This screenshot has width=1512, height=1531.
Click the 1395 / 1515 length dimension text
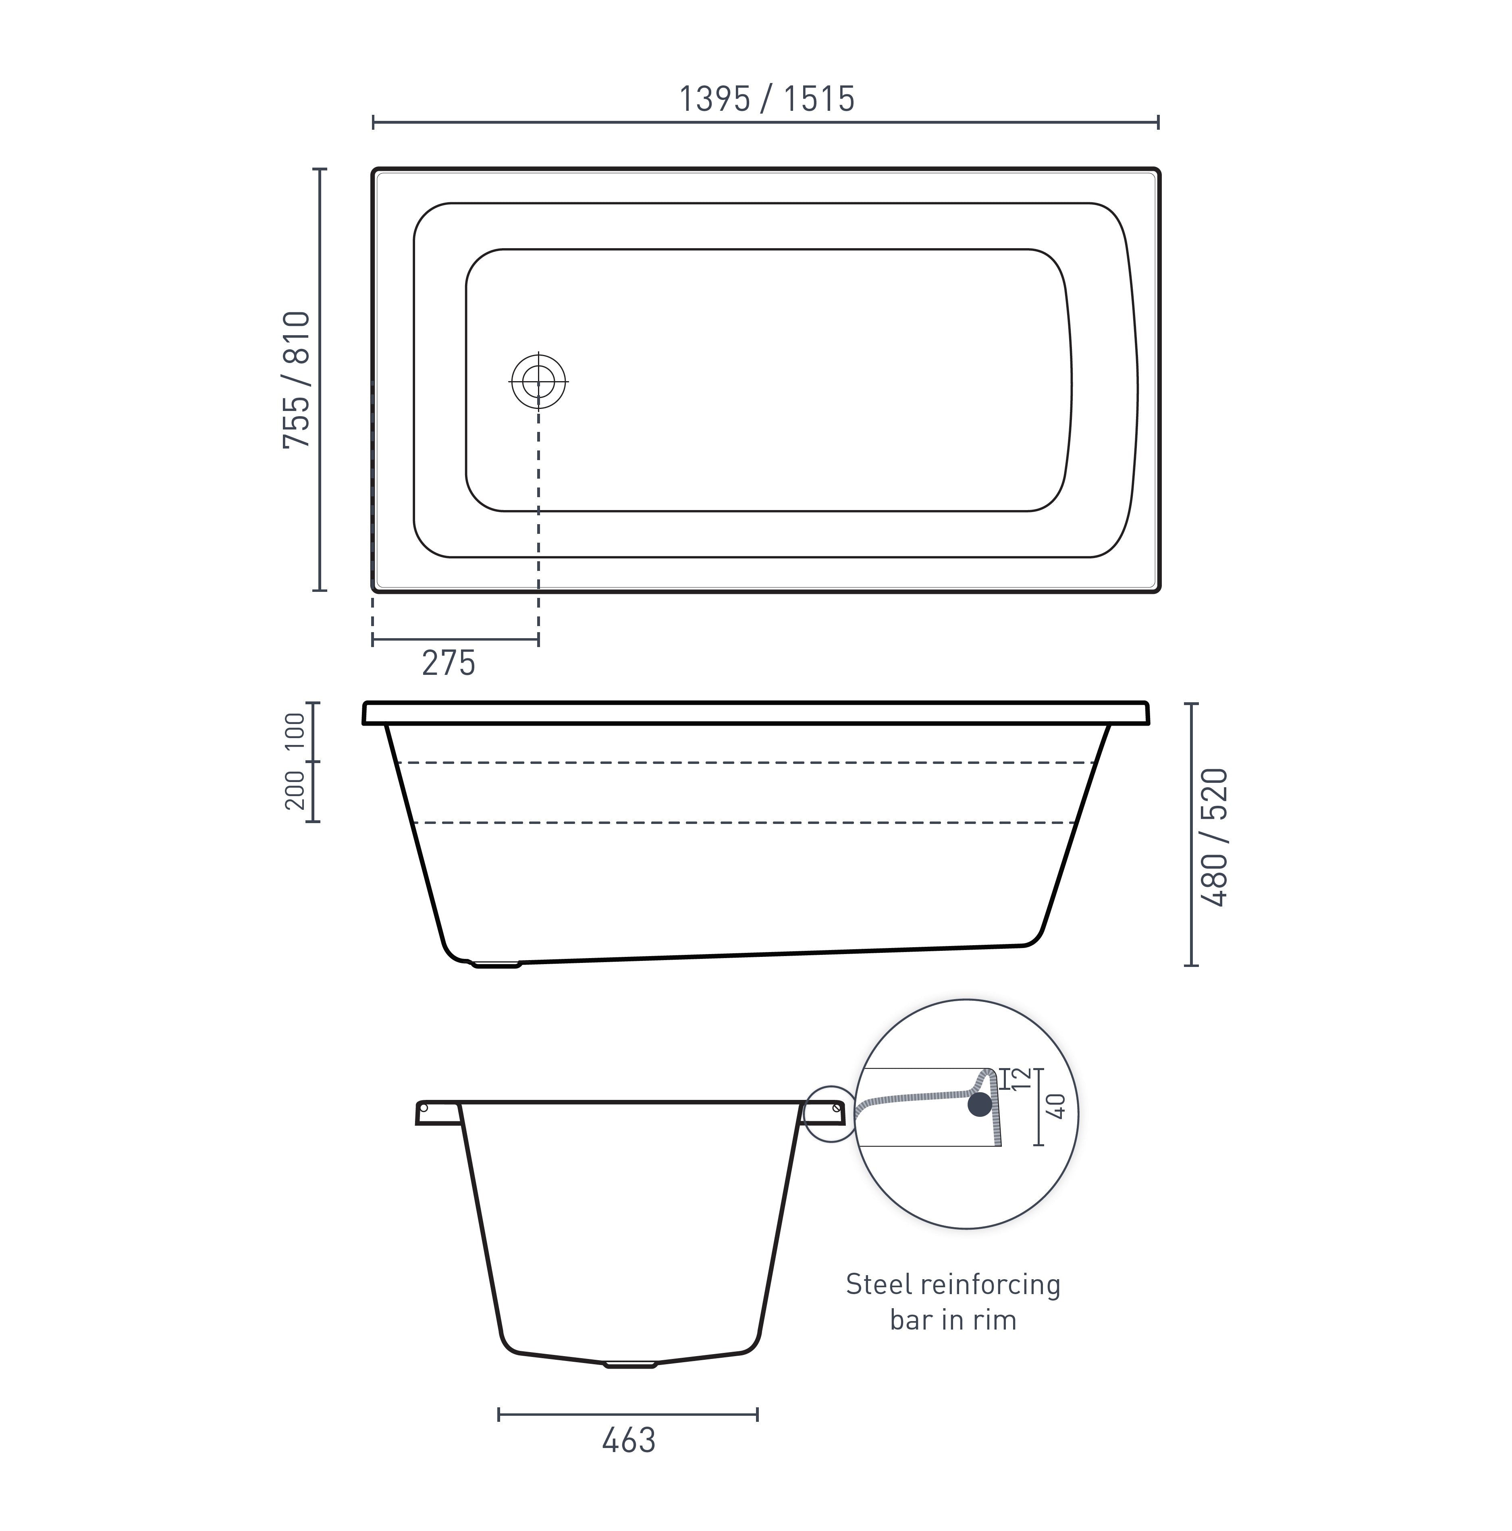(x=766, y=99)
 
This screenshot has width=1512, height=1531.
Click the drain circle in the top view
(x=539, y=381)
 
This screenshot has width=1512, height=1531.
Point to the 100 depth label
(x=295, y=731)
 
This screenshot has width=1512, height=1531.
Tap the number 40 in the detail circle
(x=1056, y=1106)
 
